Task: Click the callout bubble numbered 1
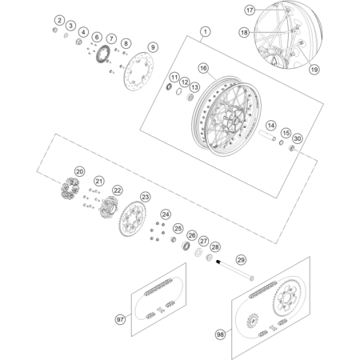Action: click(205, 32)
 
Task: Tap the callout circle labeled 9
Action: click(153, 47)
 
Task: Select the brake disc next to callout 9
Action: click(138, 71)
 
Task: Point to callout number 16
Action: click(203, 68)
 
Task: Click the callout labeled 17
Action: click(250, 10)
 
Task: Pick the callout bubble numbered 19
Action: click(314, 70)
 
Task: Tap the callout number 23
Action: click(145, 197)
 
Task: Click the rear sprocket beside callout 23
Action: click(133, 219)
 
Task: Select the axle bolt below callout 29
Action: click(234, 270)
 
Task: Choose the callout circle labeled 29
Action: click(241, 260)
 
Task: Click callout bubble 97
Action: click(120, 319)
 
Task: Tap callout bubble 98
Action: click(220, 334)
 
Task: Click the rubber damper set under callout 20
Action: click(70, 188)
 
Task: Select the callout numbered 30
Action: click(297, 138)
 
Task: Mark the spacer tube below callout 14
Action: click(267, 135)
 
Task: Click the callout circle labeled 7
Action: click(111, 38)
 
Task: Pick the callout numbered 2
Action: click(59, 20)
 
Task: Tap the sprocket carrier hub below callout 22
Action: click(109, 207)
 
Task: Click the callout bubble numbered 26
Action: click(192, 235)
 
